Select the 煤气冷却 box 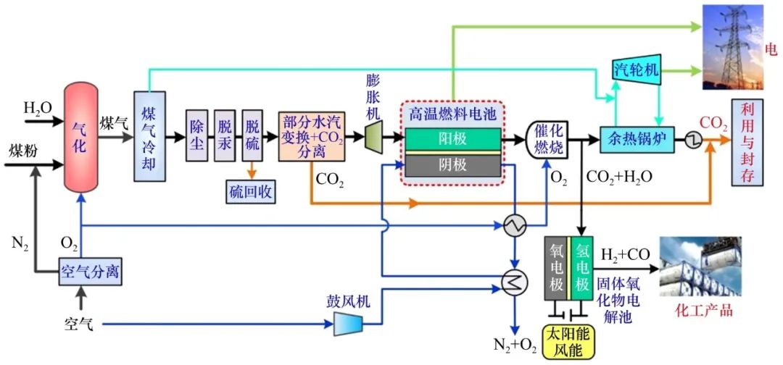(149, 136)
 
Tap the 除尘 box (196, 136)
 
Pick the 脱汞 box (225, 136)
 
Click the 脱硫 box (252, 136)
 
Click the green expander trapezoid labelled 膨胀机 (373, 136)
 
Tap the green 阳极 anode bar (452, 138)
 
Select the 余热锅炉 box (637, 138)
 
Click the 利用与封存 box (747, 143)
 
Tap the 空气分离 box (89, 273)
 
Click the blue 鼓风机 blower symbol (348, 324)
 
